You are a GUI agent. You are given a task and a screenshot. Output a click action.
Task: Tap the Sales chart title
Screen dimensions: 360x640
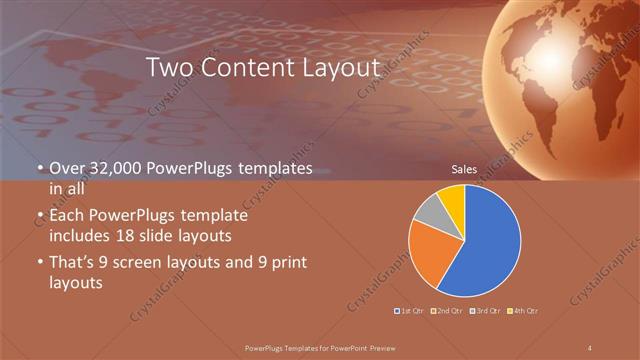pyautogui.click(x=464, y=170)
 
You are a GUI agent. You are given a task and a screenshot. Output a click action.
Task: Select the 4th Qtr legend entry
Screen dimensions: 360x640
pyautogui.click(x=522, y=311)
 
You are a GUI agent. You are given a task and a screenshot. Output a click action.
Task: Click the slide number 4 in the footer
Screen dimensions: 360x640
pyautogui.click(x=591, y=347)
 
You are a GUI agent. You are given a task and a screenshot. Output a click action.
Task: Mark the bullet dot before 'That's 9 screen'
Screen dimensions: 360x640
pyautogui.click(x=40, y=264)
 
